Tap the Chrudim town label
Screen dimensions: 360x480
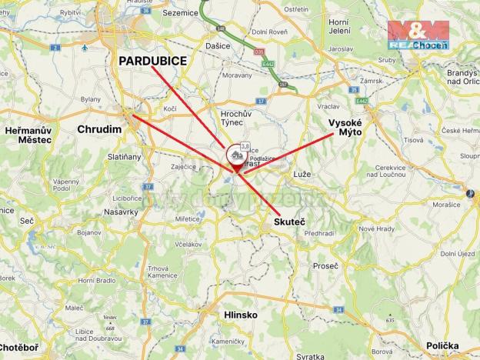[99, 130]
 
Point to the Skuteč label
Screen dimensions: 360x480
[289, 222]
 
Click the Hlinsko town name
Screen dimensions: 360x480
[219, 315]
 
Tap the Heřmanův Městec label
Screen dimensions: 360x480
[28, 135]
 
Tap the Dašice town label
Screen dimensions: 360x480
[218, 47]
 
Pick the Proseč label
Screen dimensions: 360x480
[325, 265]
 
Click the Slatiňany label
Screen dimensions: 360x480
[124, 157]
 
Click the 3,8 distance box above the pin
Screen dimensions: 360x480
[245, 145]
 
